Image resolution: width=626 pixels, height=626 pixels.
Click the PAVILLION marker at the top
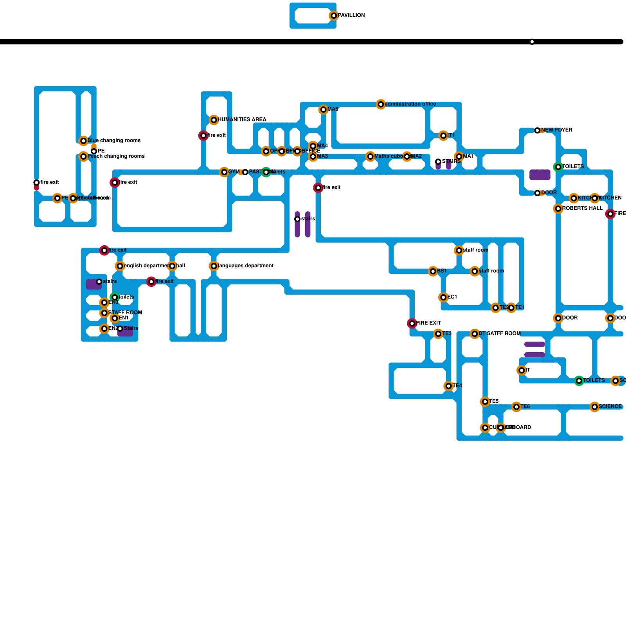334,16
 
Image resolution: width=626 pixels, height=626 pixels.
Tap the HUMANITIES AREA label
242,120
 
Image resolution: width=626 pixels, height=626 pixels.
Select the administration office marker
381,104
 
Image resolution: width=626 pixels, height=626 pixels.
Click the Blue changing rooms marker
83,141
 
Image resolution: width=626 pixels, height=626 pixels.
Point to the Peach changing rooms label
116,156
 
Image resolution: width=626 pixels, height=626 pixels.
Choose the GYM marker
224,172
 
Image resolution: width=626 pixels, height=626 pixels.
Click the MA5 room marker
323,110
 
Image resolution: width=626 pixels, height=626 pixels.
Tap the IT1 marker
443,136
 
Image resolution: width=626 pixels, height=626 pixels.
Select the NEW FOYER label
557,130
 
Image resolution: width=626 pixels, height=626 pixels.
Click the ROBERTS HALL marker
558,209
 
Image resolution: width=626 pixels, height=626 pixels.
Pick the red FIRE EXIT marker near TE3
412,324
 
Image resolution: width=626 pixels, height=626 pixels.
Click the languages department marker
214,266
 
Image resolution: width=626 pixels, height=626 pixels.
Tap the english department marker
120,266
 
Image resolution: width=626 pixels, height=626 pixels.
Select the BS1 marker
433,272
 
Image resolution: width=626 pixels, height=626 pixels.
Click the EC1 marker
443,298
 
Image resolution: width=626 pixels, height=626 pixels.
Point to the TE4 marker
449,386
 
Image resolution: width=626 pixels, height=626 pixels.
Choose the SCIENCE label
610,407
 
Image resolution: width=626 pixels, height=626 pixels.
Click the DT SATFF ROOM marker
475,334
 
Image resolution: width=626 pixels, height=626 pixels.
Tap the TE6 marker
516,407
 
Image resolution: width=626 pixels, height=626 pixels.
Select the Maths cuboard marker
371,157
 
